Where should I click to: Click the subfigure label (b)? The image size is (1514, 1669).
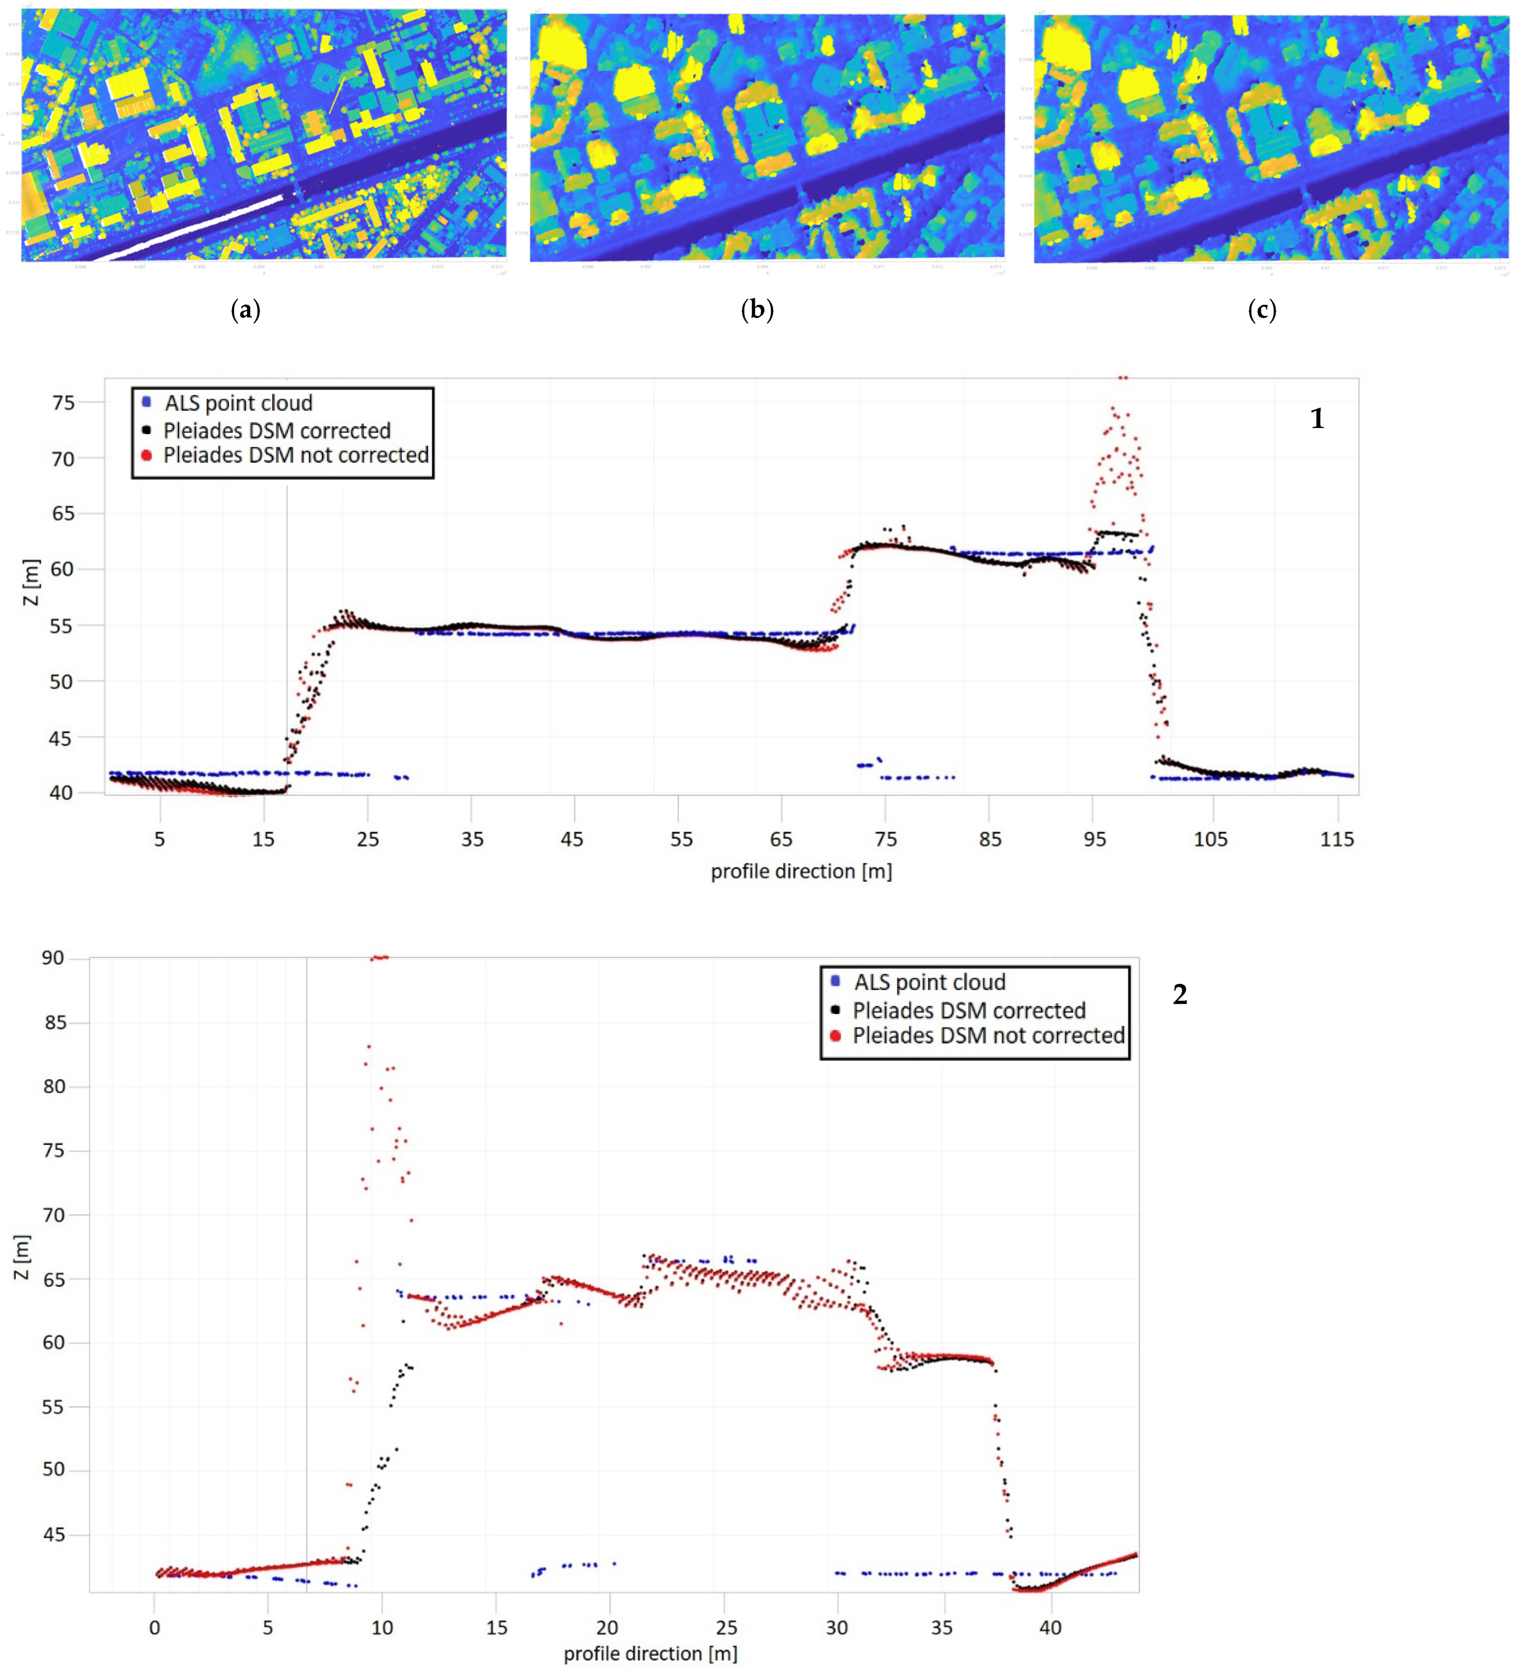pyautogui.click(x=757, y=310)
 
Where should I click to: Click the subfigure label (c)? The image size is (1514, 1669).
pyautogui.click(x=1262, y=310)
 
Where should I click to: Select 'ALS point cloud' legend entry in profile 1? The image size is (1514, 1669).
pyautogui.click(x=238, y=403)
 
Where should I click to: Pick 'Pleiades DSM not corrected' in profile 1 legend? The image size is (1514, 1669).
pyautogui.click(x=296, y=455)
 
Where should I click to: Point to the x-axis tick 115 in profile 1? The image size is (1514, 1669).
pyautogui.click(x=1337, y=839)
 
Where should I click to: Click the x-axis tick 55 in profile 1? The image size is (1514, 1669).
pyautogui.click(x=680, y=839)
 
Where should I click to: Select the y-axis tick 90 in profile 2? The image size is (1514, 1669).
pyautogui.click(x=53, y=958)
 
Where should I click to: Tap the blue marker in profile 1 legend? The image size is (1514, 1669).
pyautogui.click(x=147, y=403)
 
